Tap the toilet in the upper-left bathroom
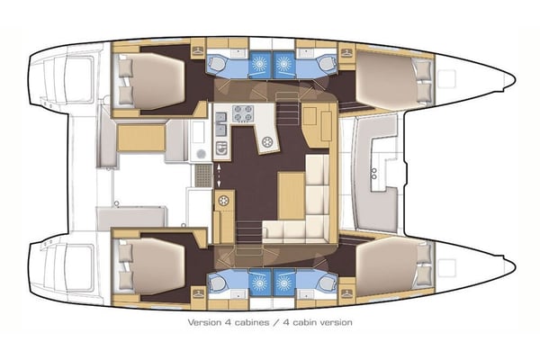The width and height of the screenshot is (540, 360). (x=220, y=65)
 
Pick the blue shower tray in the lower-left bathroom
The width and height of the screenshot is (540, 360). (x=256, y=281)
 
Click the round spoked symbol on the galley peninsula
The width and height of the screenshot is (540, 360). (x=267, y=141)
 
